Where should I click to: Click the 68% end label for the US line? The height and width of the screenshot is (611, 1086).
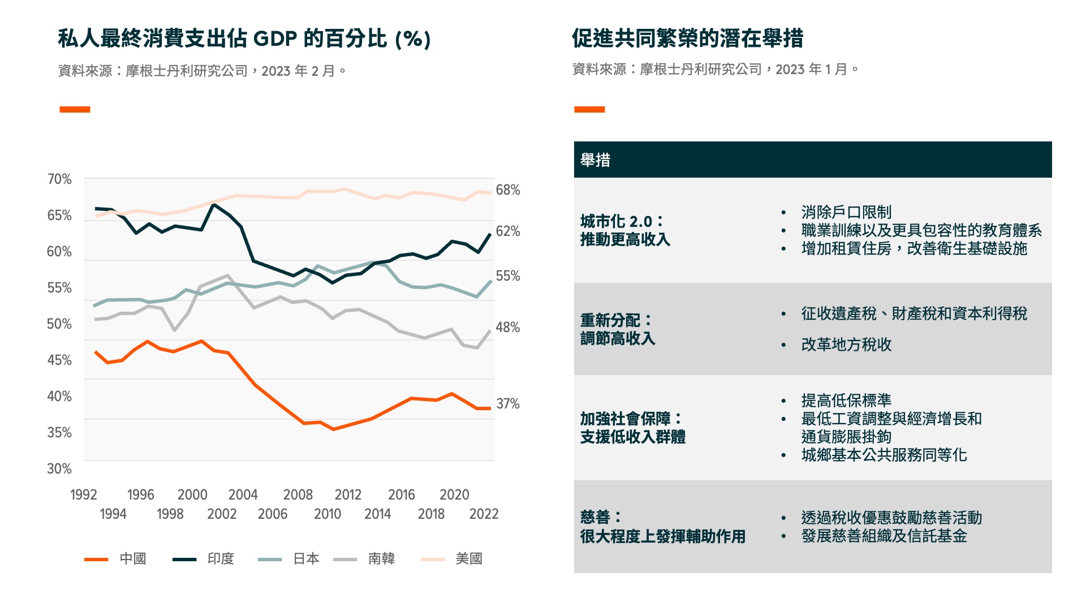[507, 190]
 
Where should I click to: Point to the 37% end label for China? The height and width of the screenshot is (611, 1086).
[507, 404]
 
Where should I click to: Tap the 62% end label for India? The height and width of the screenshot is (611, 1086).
[507, 231]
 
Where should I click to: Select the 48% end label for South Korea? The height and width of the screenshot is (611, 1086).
[507, 328]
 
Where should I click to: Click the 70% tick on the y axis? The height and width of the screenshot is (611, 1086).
[59, 179]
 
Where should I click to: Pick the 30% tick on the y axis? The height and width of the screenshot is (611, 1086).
[59, 469]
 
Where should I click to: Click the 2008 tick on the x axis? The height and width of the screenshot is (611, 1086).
[298, 495]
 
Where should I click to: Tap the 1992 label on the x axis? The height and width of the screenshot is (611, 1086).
[84, 495]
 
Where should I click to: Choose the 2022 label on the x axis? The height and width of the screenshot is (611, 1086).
[484, 514]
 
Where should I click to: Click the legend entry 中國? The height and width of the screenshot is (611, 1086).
[132, 559]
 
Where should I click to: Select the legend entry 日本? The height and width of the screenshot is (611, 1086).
[306, 559]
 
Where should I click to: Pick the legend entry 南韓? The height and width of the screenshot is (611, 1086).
[381, 559]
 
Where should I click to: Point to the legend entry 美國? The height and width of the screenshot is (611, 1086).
[469, 559]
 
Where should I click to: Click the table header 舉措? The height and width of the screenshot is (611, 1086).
[595, 160]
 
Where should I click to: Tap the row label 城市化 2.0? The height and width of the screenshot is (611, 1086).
[622, 221]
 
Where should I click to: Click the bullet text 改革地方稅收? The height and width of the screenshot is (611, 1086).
[846, 345]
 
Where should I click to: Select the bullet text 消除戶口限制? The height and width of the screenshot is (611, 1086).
[846, 212]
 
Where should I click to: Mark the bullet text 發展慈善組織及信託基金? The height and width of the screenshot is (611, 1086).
[884, 536]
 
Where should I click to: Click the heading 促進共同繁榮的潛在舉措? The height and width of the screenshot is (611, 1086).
[687, 38]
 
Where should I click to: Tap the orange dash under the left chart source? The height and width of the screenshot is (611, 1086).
[75, 109]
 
